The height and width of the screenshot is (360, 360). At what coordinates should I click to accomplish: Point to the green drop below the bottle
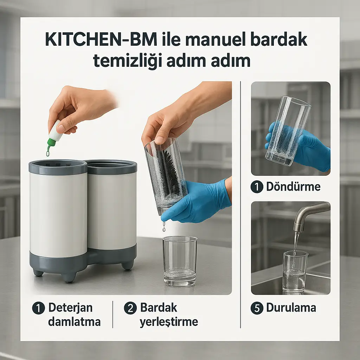click(x=48, y=153)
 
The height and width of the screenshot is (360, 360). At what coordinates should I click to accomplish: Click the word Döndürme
click(x=293, y=187)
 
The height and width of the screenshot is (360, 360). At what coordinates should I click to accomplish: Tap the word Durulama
click(x=291, y=308)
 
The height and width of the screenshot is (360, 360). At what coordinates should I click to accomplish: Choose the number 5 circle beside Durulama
click(x=257, y=308)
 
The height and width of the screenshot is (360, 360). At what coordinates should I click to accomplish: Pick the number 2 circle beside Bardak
click(x=130, y=308)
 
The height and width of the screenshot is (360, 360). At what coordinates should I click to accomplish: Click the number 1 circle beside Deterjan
click(x=38, y=308)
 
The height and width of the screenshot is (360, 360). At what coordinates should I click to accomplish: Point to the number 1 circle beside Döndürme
click(x=257, y=187)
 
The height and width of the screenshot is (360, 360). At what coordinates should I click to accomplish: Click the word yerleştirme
click(x=169, y=322)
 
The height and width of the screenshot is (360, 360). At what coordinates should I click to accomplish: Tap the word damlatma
click(x=74, y=322)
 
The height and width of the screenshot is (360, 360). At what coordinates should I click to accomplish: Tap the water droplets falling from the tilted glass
click(x=163, y=226)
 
